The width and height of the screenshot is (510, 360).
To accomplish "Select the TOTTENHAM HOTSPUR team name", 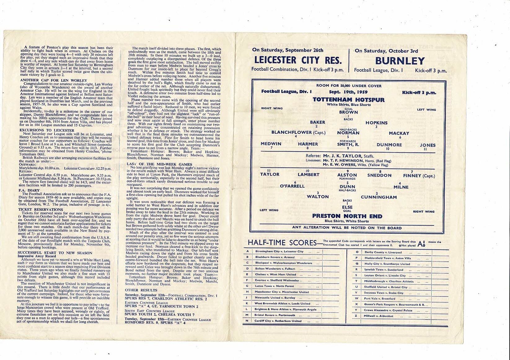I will (348, 100).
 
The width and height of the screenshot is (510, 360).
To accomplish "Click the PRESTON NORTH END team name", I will (347, 216).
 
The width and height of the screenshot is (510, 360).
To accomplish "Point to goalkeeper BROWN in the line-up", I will (348, 112).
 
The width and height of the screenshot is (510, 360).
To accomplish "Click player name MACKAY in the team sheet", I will (399, 133).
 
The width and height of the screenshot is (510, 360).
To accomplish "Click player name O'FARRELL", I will (292, 186).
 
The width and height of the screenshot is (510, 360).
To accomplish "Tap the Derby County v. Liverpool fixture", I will (378, 252).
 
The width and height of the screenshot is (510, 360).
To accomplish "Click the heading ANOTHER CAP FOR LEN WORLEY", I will (51, 81).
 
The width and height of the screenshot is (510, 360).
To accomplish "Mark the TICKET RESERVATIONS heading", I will (40, 210).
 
